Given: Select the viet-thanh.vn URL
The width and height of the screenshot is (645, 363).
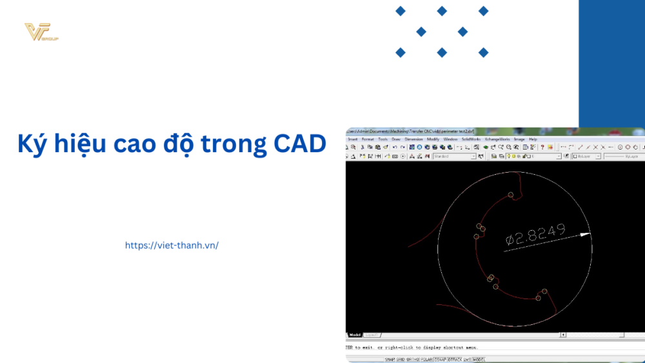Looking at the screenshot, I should click(x=172, y=246).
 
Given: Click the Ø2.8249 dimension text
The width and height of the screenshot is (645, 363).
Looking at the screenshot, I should click(x=535, y=235).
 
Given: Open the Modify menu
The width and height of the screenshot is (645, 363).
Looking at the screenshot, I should click(x=433, y=139).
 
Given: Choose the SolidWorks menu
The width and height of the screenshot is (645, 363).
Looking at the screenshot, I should click(x=471, y=139).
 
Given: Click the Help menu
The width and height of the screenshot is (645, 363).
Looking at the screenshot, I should click(x=533, y=139).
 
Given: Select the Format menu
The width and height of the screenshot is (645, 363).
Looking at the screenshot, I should click(x=368, y=139).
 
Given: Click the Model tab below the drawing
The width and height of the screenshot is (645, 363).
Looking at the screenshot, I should click(x=355, y=335).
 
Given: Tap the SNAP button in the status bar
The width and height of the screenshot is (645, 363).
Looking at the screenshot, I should click(x=391, y=359).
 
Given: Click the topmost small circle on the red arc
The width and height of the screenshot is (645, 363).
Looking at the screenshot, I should click(x=511, y=195).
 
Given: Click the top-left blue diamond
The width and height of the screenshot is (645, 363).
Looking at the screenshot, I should click(x=401, y=11).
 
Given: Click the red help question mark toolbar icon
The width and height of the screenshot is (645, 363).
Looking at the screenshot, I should click(x=542, y=148).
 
